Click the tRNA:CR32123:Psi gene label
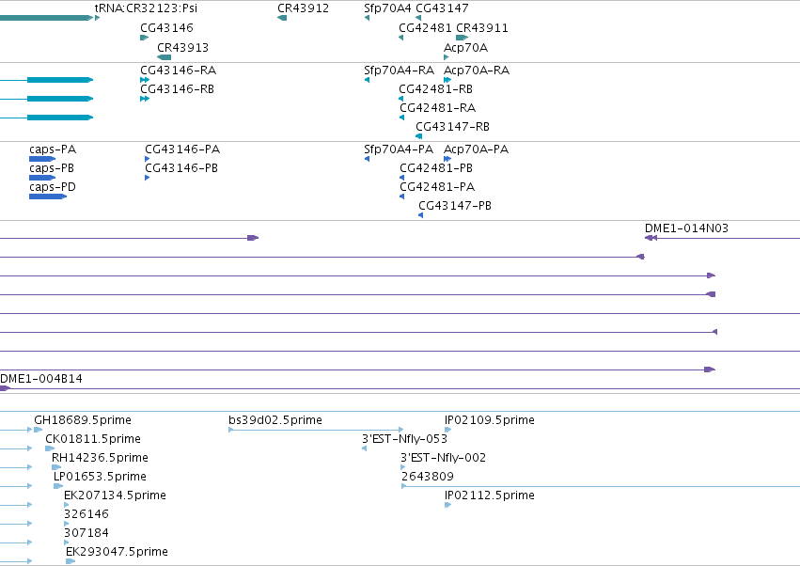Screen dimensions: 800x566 (x=146, y=8)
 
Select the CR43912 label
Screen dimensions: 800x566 (x=303, y=8)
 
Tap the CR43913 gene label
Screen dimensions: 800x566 (x=182, y=47)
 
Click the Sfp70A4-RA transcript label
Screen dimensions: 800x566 (x=399, y=70)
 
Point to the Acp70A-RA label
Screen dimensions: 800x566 (x=477, y=70)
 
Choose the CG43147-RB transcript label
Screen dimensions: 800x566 (x=452, y=127)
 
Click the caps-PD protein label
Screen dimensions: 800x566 (x=53, y=187)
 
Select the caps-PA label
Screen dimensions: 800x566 (x=53, y=149)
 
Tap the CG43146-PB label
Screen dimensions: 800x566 (x=181, y=168)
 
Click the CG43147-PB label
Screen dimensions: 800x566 (x=455, y=206)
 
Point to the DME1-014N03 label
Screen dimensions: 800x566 (x=686, y=228)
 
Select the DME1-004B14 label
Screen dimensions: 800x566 (x=40, y=379)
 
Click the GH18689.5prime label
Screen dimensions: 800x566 (x=83, y=420)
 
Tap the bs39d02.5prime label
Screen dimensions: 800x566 (x=275, y=420)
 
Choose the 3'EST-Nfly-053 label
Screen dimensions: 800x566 (x=404, y=439)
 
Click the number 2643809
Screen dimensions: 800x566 (x=427, y=477)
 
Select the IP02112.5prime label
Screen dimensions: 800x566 (x=489, y=495)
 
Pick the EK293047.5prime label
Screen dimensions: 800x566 (x=117, y=552)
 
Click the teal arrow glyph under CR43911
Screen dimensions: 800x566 (x=463, y=38)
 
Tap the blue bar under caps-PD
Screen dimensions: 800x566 (x=48, y=197)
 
